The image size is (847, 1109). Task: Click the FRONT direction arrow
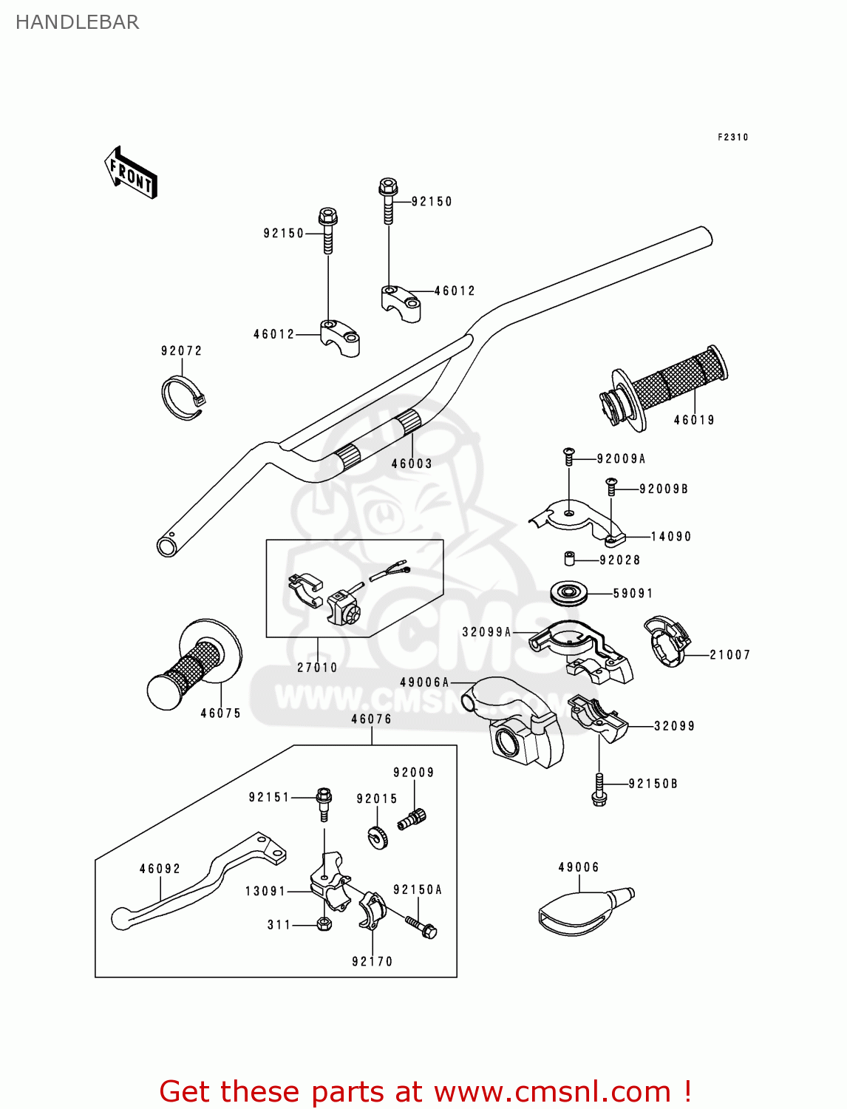point(131,173)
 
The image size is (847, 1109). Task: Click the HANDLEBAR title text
point(77,22)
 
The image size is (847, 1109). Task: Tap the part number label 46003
point(412,464)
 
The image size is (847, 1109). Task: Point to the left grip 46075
point(194,665)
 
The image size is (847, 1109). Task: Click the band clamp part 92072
point(183,398)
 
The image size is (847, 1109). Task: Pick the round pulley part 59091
point(569,593)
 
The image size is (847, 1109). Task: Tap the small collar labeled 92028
point(570,558)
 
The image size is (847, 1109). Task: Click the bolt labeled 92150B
point(599,789)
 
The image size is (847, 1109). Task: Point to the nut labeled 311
point(323,924)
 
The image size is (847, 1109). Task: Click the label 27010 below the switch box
point(317,667)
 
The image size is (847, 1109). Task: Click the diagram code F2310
point(732,137)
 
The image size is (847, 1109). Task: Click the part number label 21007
point(729,654)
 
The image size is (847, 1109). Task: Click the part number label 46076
point(371,719)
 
